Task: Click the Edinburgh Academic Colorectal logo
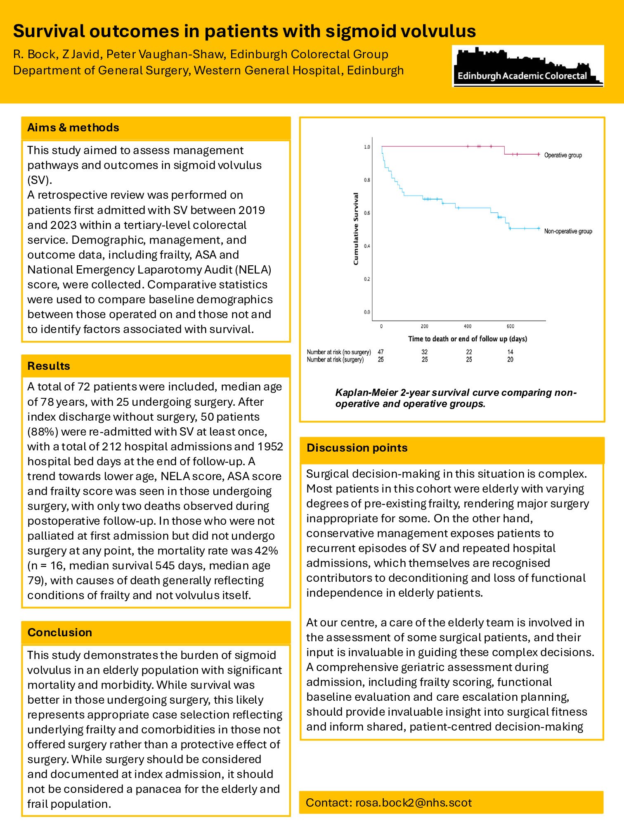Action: click(x=527, y=66)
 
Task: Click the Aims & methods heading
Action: click(x=73, y=128)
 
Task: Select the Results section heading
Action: click(x=49, y=366)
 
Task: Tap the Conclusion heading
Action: click(x=60, y=633)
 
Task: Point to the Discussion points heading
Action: click(x=357, y=448)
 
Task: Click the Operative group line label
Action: click(x=563, y=155)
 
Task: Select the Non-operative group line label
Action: click(x=568, y=231)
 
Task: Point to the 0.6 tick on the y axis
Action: click(x=367, y=213)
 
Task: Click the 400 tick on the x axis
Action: click(x=468, y=326)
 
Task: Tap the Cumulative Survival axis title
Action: click(x=356, y=229)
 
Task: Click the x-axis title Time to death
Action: click(x=468, y=339)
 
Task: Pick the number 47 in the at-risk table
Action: click(x=381, y=352)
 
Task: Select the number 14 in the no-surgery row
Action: click(x=511, y=352)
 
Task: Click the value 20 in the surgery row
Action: click(x=511, y=360)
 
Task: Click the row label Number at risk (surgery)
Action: click(x=335, y=360)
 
